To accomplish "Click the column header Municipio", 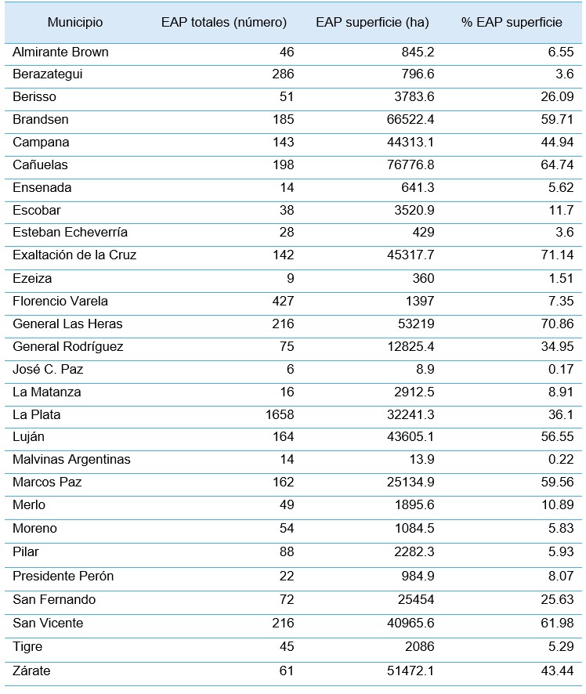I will (74, 23).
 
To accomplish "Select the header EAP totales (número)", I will (223, 23).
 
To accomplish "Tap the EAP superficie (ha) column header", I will (372, 23).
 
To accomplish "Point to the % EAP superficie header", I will (511, 23).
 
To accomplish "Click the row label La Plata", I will (36, 414).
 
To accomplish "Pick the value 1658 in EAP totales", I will (280, 414).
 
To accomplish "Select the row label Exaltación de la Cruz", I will (74, 255).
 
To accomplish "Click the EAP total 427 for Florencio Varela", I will (283, 301).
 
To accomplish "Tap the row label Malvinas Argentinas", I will (71, 460).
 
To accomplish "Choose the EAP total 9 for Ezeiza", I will (291, 278).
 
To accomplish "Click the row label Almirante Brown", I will (60, 52).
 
